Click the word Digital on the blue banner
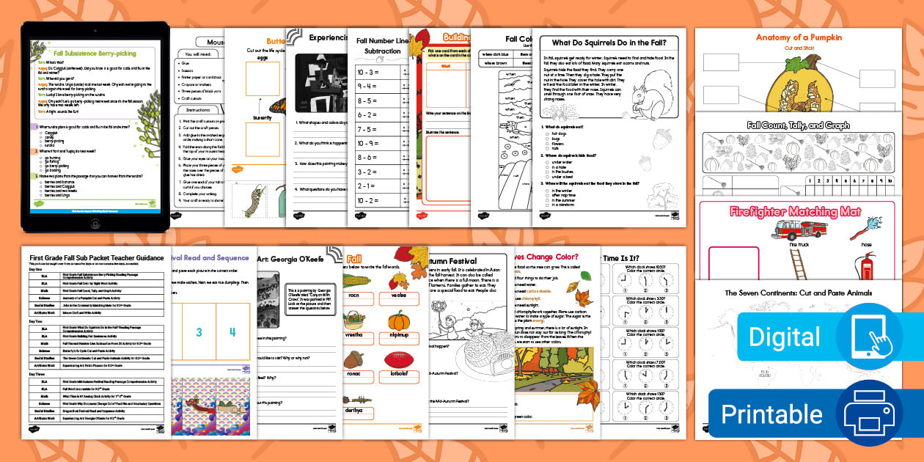coord(784,337)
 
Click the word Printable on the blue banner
coord(771,414)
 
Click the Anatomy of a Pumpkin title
coord(799,37)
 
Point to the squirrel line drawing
coord(645,96)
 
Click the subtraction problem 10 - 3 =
coord(368,73)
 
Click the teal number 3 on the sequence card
coord(198,332)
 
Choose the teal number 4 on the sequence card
coord(232,332)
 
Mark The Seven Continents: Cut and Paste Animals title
coord(798,293)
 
